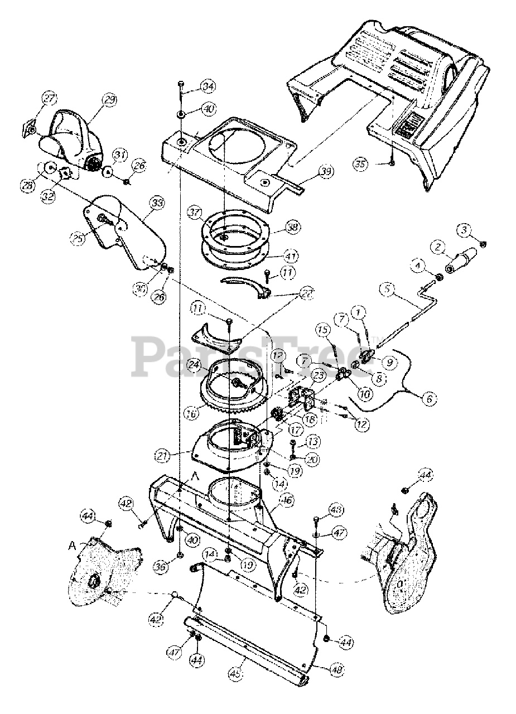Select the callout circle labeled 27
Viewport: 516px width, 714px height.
coord(50,99)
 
